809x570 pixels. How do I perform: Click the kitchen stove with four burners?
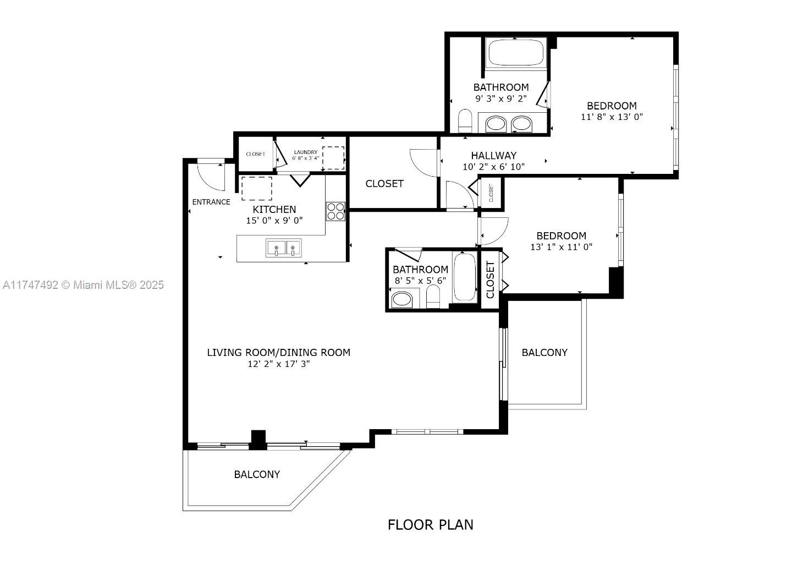tap(335, 211)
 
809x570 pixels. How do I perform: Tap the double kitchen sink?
tap(284, 248)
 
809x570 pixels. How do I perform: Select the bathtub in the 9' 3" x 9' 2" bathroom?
tap(515, 53)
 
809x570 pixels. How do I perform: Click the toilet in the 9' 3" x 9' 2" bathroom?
tap(465, 121)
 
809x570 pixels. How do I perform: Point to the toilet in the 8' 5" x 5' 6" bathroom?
tap(433, 298)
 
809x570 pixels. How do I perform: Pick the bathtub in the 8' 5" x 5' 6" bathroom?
tap(465, 277)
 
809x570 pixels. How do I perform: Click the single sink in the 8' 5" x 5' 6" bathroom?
tap(401, 300)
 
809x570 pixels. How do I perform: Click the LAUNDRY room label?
tap(305, 152)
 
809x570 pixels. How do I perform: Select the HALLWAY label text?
tap(493, 156)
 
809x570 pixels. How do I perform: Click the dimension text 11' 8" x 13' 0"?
tap(612, 117)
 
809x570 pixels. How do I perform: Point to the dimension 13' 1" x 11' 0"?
tap(561, 247)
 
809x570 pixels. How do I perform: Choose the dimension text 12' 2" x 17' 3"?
tap(278, 364)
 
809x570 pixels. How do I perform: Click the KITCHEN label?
tap(274, 209)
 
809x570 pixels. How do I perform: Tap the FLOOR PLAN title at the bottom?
tap(430, 525)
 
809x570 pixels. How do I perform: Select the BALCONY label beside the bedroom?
tap(544, 353)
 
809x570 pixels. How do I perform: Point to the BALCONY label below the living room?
tap(257, 474)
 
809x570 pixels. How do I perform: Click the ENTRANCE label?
tap(211, 202)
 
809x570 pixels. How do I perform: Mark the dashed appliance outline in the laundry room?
tap(333, 158)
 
